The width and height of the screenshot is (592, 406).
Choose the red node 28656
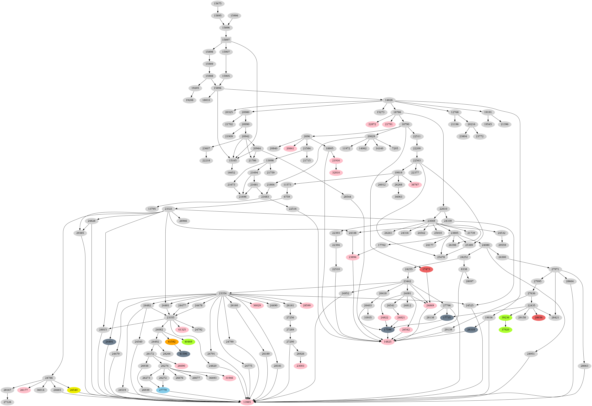point(539,318)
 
